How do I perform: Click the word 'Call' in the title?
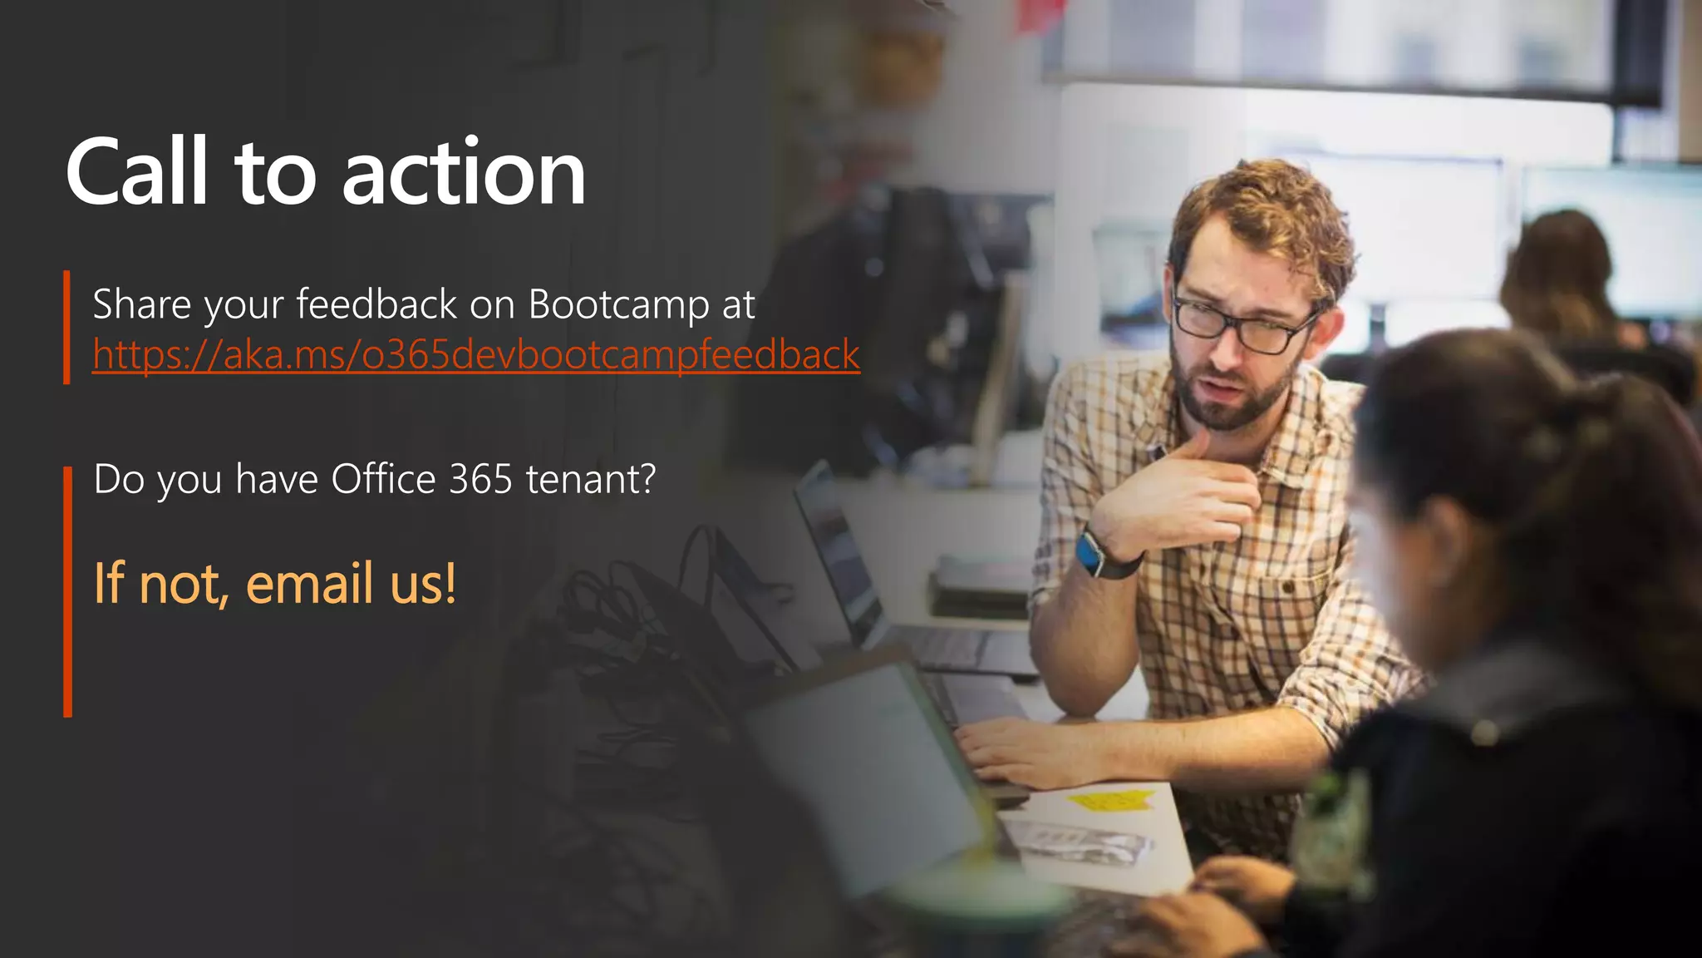coord(137,172)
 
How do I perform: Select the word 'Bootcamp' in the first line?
coord(618,304)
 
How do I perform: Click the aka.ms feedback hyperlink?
coord(475,355)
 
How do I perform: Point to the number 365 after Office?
coord(480,479)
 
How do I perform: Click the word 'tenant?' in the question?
coord(591,479)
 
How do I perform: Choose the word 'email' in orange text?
coord(309,583)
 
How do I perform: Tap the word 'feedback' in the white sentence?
coord(376,304)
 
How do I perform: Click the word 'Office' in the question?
coord(383,479)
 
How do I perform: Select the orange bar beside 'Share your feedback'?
coord(67,327)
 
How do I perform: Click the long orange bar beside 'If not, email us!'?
coord(68,591)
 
